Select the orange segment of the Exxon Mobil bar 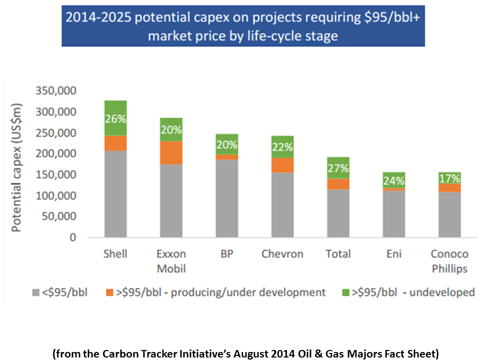point(171,153)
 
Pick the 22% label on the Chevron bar point(282,148)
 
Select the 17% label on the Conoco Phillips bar point(449,178)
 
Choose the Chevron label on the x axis point(282,254)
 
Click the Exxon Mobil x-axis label point(171,261)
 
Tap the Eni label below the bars point(393,254)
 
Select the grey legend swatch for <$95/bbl point(35,292)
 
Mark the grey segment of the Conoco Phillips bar point(449,215)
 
